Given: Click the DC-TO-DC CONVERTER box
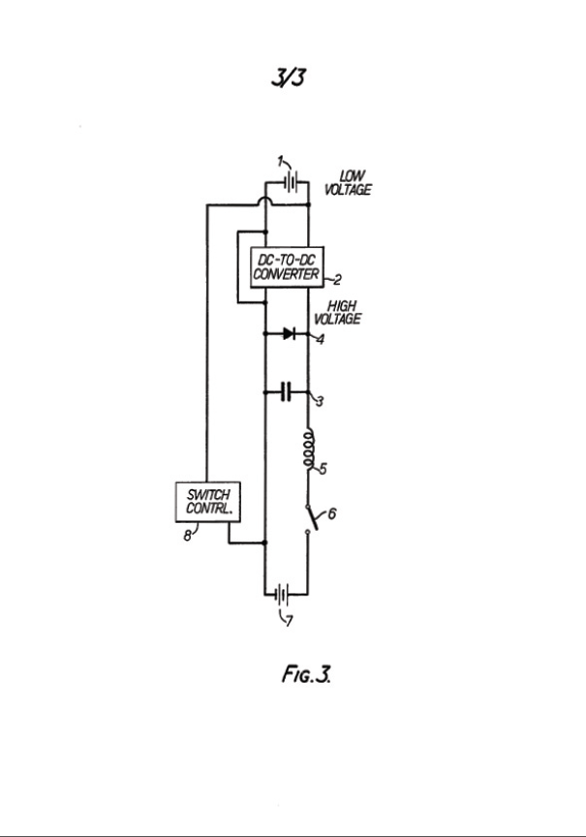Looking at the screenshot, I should pos(286,266).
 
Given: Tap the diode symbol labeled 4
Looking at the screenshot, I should pos(288,332).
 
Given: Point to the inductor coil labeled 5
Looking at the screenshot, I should pos(308,449).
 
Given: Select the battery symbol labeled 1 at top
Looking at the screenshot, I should pos(289,181).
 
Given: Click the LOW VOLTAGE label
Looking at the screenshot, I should pos(353,182).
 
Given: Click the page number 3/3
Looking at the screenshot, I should pos(289,77).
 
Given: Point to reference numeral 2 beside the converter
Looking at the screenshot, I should pos(337,281).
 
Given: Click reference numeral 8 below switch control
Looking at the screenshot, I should pos(187,535).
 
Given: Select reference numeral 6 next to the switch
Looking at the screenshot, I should pos(331,513).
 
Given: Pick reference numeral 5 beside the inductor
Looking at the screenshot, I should pos(323,470).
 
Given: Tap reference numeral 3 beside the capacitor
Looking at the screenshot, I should pos(320,402).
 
